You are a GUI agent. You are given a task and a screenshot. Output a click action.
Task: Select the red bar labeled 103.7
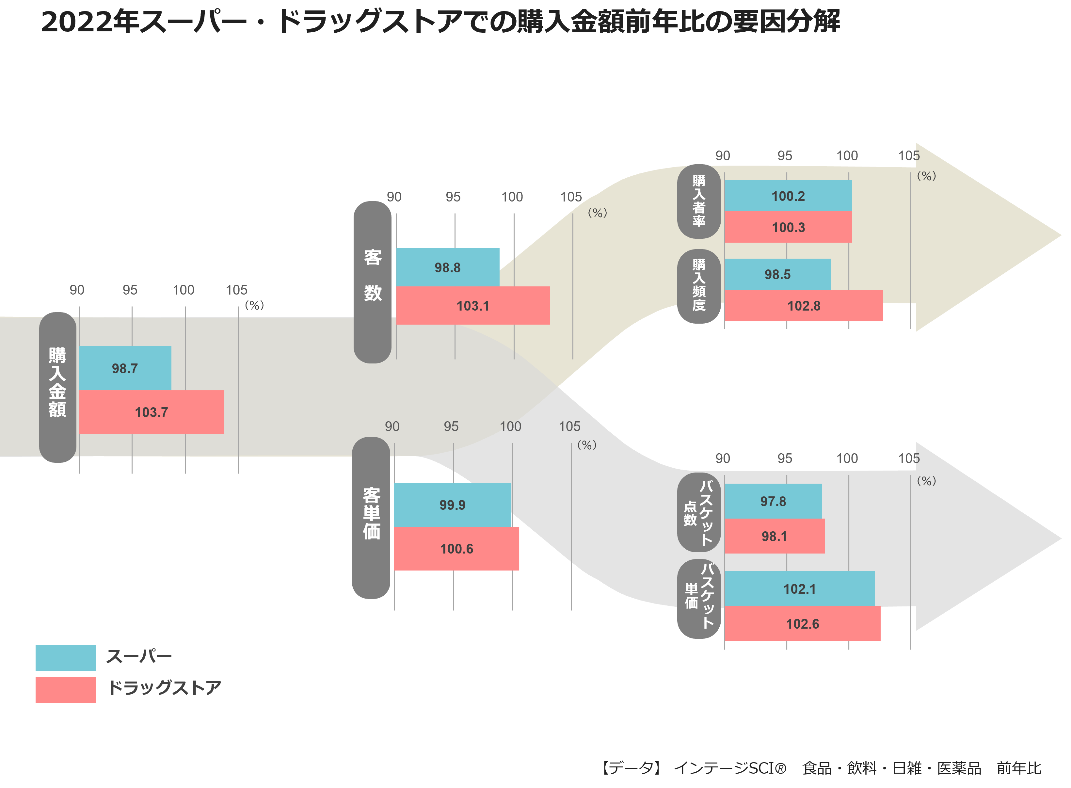(152, 412)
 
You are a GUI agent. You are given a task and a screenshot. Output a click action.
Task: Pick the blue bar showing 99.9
(453, 505)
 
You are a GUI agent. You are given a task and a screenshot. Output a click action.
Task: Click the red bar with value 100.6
(456, 549)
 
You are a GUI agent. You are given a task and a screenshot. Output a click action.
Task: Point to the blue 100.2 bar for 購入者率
(788, 196)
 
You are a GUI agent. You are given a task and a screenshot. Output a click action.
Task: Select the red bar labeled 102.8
(804, 305)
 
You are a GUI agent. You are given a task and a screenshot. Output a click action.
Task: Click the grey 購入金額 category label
(58, 387)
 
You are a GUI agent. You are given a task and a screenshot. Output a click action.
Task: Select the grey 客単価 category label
(371, 518)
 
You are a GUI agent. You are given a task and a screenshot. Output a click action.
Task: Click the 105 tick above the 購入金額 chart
(236, 290)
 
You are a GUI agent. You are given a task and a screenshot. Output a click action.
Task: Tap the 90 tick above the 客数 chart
(394, 197)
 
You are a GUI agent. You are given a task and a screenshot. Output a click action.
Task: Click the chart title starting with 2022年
(440, 22)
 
